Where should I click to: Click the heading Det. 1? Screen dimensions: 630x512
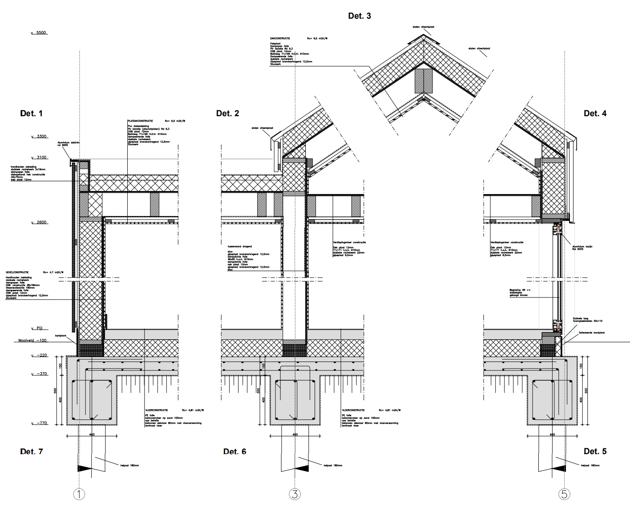point(31,114)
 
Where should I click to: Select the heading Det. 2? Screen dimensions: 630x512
point(227,114)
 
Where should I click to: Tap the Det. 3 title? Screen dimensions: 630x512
point(359,16)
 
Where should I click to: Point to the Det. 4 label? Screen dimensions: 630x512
point(595,114)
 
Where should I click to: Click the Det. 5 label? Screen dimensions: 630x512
point(595,451)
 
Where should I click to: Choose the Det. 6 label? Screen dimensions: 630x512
point(234,451)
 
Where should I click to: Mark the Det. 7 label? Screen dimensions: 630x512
point(31,451)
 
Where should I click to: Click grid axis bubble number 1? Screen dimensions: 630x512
point(79,494)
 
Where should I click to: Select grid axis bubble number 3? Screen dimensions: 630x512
point(295,494)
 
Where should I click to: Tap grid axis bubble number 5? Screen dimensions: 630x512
point(564,494)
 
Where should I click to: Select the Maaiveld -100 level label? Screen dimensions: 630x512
point(32,341)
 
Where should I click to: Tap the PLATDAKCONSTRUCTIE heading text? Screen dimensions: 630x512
point(140,121)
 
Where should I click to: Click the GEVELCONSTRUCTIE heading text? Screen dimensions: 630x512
point(17,272)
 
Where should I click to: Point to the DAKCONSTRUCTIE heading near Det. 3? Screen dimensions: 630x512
point(280,39)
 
